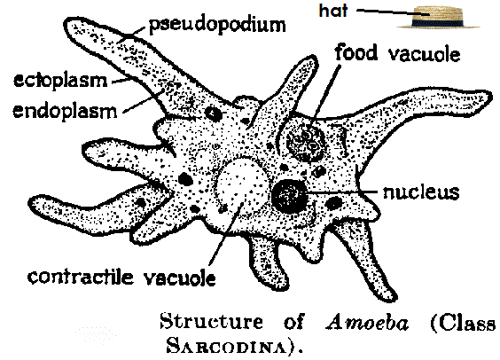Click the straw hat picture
pos(439,18)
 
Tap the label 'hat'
pos(333,11)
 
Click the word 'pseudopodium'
pos(217,26)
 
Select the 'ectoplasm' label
pos(60,81)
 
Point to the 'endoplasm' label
pos(65,111)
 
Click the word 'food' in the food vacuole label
pos(356,52)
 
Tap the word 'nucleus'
pos(421,192)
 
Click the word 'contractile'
pos(80,277)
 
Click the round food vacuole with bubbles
pos(306,144)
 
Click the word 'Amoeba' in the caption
pos(367,323)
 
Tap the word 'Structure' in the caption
pos(211,321)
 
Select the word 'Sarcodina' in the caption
pos(230,345)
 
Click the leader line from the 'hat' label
pos(394,12)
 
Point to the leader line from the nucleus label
pos(341,192)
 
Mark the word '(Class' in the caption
pos(463,323)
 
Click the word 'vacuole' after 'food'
pos(424,54)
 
